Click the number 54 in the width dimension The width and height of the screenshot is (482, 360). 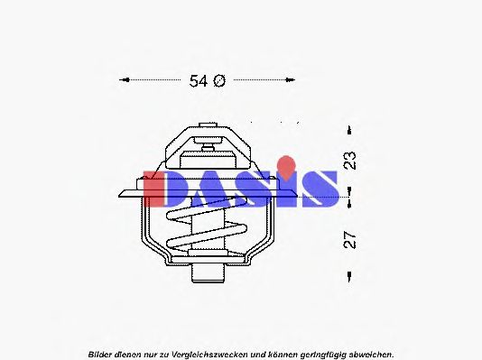pos(198,80)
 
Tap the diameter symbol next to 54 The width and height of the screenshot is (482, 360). pos(218,80)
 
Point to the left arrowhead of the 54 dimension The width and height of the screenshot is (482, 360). pos(124,79)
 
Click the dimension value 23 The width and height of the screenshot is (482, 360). pos(351,160)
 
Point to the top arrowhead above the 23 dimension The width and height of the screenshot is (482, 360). pos(348,129)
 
